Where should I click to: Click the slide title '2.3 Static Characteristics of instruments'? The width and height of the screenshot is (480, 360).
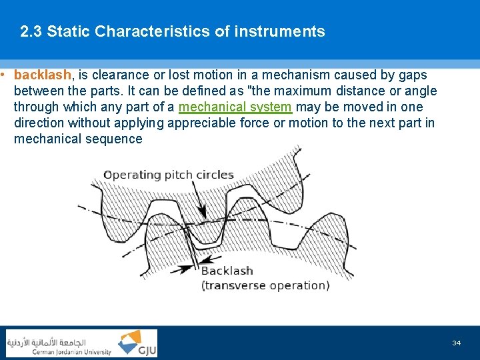(x=173, y=31)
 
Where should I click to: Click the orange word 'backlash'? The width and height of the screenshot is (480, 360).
(x=42, y=75)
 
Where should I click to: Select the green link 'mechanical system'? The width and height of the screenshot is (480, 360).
(x=235, y=107)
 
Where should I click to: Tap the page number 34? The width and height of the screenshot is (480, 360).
(x=456, y=343)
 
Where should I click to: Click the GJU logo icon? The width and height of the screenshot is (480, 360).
(x=137, y=343)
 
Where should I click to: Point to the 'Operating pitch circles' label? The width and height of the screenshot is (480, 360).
(x=169, y=175)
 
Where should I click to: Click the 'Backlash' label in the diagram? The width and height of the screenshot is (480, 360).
(x=227, y=271)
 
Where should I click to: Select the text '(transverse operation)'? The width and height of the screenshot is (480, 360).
(x=265, y=285)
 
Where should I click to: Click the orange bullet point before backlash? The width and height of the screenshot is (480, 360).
(x=4, y=75)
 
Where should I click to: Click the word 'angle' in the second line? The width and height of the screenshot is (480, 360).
(x=421, y=91)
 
